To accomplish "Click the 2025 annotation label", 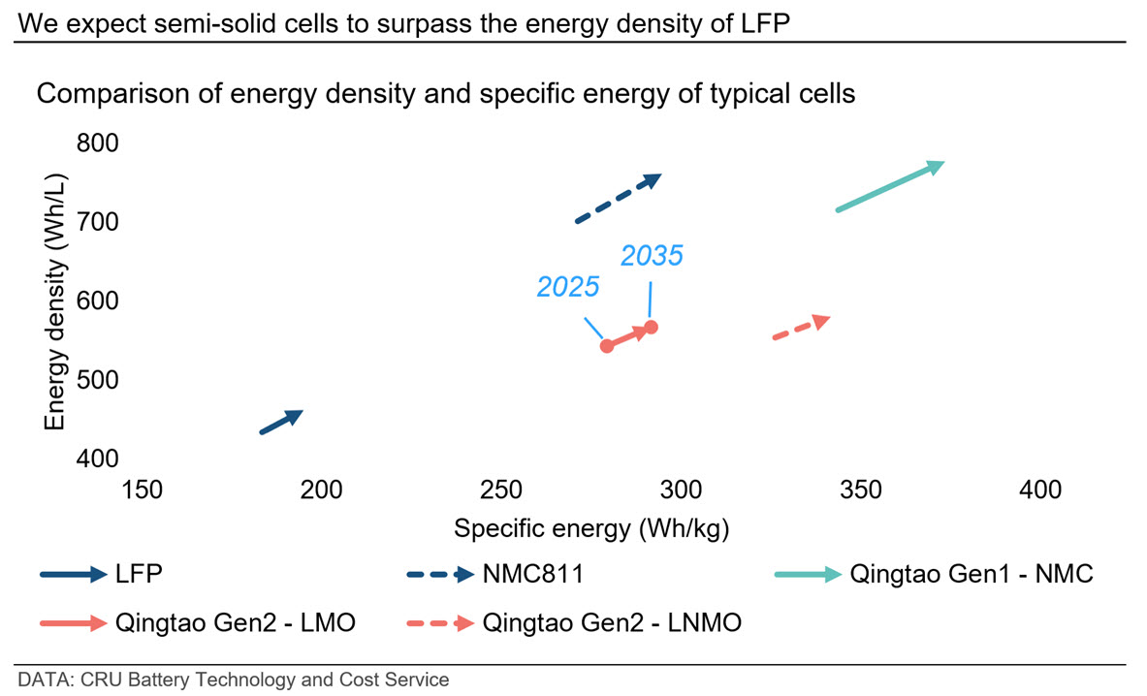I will tap(568, 287).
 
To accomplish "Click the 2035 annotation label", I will tap(652, 256).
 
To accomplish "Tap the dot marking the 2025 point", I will tap(607, 345).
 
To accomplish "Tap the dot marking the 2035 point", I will tap(652, 327).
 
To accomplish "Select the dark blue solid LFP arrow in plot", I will tap(281, 422).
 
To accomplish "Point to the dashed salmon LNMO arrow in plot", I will tap(801, 328).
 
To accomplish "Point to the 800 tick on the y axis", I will tap(96, 143).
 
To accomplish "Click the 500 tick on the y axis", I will tap(96, 380).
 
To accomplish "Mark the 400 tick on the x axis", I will tap(1041, 490).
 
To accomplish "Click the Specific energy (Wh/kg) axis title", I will tap(591, 529).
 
